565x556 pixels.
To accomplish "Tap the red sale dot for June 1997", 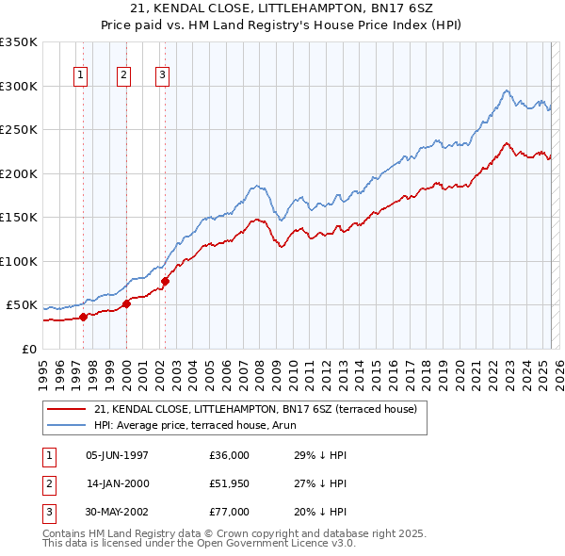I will [x=83, y=317].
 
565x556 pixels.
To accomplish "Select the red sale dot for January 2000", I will [x=126, y=303].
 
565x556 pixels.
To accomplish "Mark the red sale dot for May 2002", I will [x=165, y=281].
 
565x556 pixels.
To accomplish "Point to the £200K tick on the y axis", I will [x=18, y=173].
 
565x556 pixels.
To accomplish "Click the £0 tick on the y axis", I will [x=28, y=349].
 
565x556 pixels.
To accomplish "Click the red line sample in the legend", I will [x=66, y=409].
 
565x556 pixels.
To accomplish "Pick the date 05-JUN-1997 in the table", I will [x=117, y=455].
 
